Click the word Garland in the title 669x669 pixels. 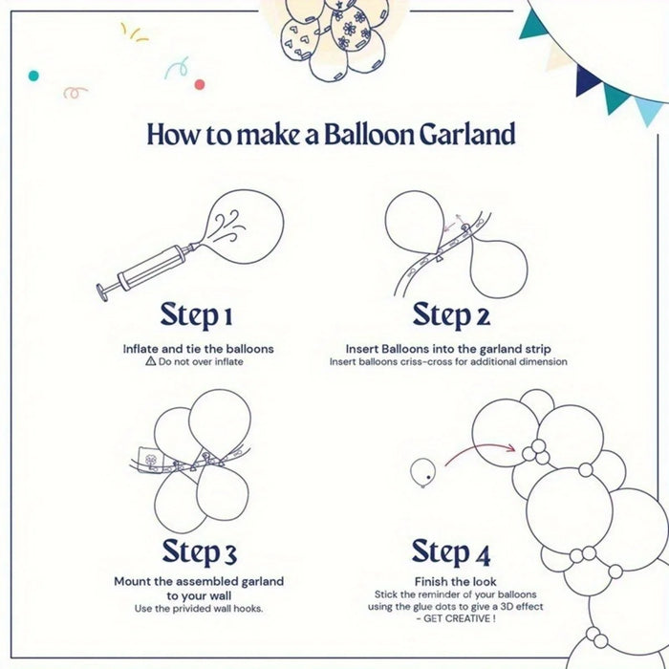pos(466,135)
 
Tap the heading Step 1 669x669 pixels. pos(196,314)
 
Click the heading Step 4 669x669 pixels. pos(451,551)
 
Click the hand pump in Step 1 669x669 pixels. pos(143,268)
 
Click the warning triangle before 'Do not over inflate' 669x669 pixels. pos(150,363)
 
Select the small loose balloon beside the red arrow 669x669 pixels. pos(422,470)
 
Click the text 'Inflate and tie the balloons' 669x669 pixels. pos(198,349)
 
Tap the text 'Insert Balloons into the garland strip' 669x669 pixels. pos(448,349)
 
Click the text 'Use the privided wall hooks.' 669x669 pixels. pos(199,609)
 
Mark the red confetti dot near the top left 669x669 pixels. pos(200,85)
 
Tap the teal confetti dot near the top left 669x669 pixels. pos(33,75)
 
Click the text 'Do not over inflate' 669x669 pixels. pos(205,363)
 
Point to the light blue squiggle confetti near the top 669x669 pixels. pos(175,69)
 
